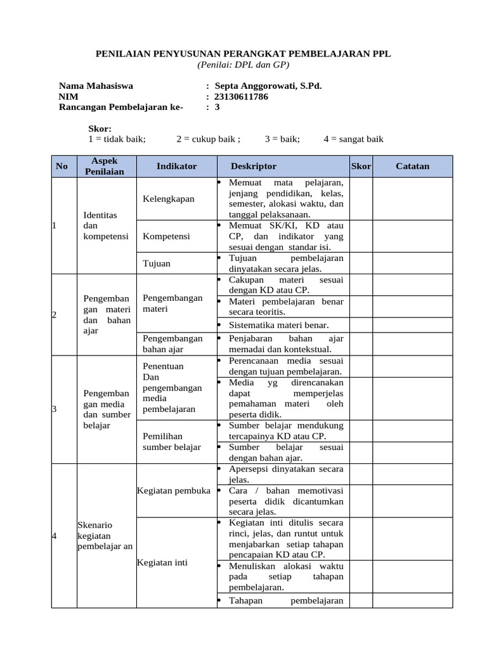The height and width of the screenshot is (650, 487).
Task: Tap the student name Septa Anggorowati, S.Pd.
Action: (x=268, y=86)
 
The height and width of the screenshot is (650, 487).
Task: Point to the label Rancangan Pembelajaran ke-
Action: (x=120, y=107)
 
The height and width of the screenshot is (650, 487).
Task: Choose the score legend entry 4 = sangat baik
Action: (x=353, y=139)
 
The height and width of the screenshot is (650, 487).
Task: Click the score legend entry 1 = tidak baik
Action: (x=117, y=139)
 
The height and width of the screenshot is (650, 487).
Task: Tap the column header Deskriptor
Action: (x=254, y=166)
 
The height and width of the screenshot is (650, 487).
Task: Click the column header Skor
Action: (x=360, y=166)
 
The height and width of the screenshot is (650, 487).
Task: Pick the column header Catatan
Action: (x=412, y=166)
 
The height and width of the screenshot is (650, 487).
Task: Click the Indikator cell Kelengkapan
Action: (x=168, y=199)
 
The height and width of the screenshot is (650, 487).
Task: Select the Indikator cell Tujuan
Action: (x=156, y=263)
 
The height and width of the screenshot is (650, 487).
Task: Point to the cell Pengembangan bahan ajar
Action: (x=172, y=343)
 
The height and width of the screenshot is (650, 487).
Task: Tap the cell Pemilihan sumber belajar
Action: (x=172, y=441)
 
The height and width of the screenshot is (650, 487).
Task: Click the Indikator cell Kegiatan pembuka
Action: (x=173, y=491)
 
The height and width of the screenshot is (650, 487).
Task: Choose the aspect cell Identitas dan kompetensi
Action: (x=100, y=225)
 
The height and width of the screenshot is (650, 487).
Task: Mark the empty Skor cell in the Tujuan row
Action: (x=360, y=263)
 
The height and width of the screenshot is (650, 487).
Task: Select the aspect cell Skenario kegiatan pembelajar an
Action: (x=104, y=536)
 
